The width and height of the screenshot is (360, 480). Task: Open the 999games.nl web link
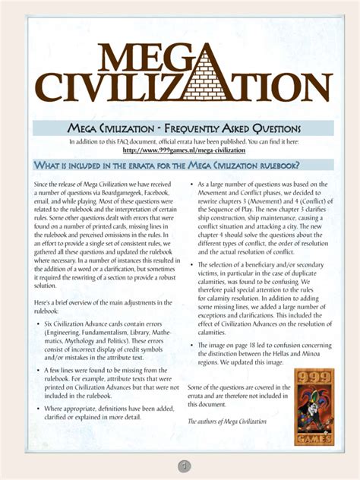(180, 150)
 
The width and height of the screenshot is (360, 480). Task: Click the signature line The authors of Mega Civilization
(227, 420)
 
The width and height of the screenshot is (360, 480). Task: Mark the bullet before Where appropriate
(38, 407)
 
